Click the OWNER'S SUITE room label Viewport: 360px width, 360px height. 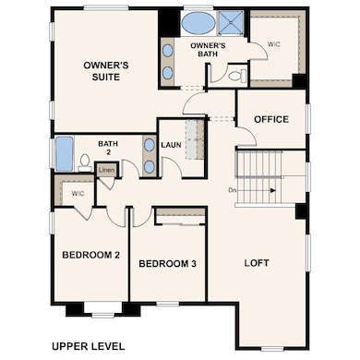pyautogui.click(x=106, y=71)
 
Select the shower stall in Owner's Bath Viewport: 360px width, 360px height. pyautogui.click(x=231, y=21)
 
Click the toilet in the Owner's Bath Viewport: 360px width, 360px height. pyautogui.click(x=238, y=75)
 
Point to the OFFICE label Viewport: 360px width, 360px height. pyautogui.click(x=271, y=119)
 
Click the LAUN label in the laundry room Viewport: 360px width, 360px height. pyautogui.click(x=171, y=145)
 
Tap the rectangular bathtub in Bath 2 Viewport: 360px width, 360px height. pyautogui.click(x=65, y=153)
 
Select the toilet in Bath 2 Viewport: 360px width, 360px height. pyautogui.click(x=85, y=162)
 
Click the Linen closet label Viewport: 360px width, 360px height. pyautogui.click(x=106, y=170)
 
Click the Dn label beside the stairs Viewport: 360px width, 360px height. pyautogui.click(x=233, y=190)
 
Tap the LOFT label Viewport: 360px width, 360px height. pyautogui.click(x=257, y=263)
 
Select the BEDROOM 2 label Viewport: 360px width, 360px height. pyautogui.click(x=90, y=255)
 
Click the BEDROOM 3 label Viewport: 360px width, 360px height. pyautogui.click(x=167, y=264)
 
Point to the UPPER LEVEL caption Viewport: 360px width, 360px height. pyautogui.click(x=89, y=346)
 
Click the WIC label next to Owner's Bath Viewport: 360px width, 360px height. pyautogui.click(x=273, y=44)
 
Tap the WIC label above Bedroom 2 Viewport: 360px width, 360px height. pyautogui.click(x=78, y=194)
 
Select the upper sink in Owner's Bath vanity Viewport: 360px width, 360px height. pyautogui.click(x=167, y=51)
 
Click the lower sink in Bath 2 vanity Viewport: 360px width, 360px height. pyautogui.click(x=150, y=167)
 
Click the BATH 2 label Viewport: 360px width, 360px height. pyautogui.click(x=108, y=148)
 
